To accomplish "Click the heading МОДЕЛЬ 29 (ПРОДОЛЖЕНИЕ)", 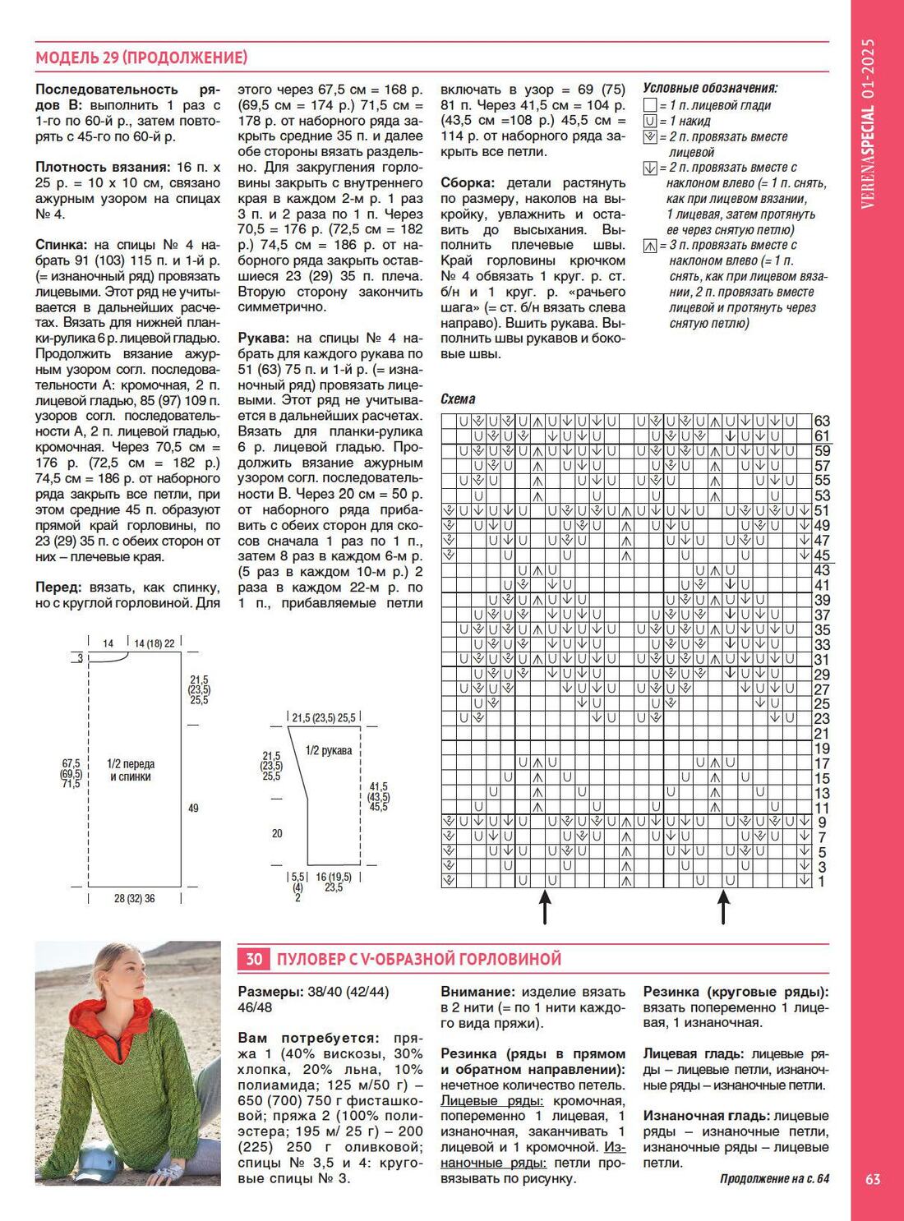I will coord(141,58).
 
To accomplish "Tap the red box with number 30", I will coord(254,959).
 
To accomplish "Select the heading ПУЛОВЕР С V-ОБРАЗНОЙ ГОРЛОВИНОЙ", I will coord(419,959).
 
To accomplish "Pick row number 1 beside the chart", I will coord(822,882).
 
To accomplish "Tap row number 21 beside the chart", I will coord(822,734).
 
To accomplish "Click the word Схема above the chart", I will coord(458,399).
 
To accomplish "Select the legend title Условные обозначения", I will coord(710,89).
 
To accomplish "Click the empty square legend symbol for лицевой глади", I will coord(650,105).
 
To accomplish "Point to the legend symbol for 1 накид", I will coord(650,121).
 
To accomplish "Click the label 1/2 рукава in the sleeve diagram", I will coord(329,750).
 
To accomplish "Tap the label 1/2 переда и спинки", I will coord(131,770).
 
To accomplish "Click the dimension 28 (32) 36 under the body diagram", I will coord(135,899).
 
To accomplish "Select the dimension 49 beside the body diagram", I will coord(193,809).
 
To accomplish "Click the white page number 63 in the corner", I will coord(873,1179).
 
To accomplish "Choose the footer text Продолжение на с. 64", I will coord(774,1179).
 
